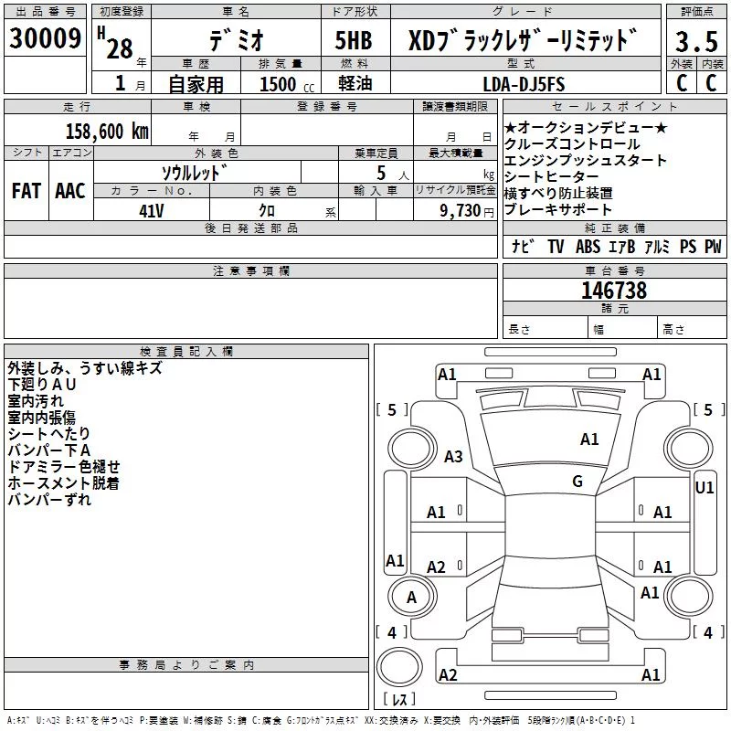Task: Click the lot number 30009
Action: pos(45,38)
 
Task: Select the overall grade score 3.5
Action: pos(696,41)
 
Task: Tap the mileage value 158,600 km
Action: pos(107,132)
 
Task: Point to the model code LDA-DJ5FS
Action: pos(524,84)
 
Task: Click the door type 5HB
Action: pos(354,40)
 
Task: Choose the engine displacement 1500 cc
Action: pos(287,84)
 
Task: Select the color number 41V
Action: pos(151,211)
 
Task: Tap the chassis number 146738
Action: pos(614,291)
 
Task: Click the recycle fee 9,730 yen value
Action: pos(467,211)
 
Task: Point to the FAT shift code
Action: pos(26,191)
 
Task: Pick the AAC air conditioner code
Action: pos(70,191)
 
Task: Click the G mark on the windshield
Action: pos(577,482)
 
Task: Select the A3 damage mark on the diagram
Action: pos(453,456)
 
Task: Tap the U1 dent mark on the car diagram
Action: pos(704,488)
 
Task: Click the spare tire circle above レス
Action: pos(399,667)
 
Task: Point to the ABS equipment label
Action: pos(588,246)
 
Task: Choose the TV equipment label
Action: pos(556,246)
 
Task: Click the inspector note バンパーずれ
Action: pos(49,500)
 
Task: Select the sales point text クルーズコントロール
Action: pos(572,144)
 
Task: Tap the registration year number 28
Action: pos(120,48)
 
